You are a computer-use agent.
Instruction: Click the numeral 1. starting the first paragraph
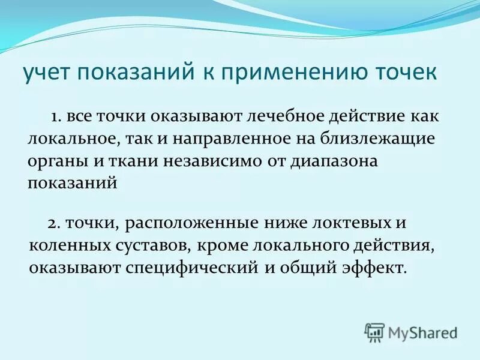point(74,116)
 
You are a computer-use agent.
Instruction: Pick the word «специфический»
point(191,267)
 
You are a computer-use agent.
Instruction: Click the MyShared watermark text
point(422,332)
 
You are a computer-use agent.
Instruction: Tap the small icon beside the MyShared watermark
point(374,332)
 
